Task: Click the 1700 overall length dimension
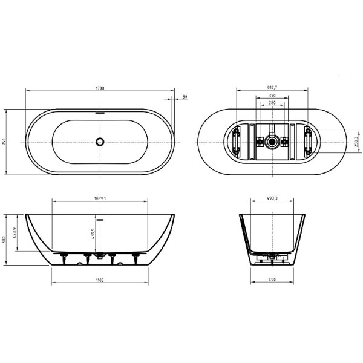tap(100, 88)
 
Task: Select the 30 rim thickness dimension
tap(184, 96)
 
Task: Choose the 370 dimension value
tap(272, 96)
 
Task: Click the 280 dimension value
tap(272, 103)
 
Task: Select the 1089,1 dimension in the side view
tap(100, 198)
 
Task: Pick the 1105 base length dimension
tap(100, 281)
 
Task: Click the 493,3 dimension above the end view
tap(272, 198)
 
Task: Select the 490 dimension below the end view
tap(272, 281)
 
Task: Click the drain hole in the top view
tap(100, 142)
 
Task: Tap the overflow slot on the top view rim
tap(100, 112)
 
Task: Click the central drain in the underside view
tap(272, 142)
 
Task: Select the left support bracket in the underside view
tap(237, 142)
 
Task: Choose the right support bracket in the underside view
tap(308, 142)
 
